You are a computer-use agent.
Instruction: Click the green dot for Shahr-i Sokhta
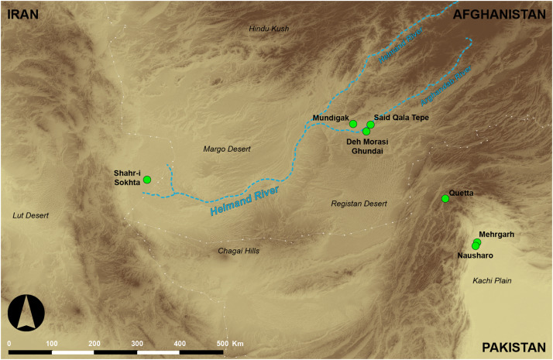click(x=146, y=180)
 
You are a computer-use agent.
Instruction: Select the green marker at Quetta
click(x=445, y=199)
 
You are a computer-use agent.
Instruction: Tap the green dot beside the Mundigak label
click(x=353, y=124)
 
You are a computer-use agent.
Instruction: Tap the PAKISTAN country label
click(x=513, y=348)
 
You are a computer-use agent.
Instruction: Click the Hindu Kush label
click(x=269, y=29)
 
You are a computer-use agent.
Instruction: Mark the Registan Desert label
click(x=357, y=204)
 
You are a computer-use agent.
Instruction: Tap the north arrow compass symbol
click(x=26, y=315)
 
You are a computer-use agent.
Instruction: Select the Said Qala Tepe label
click(x=400, y=117)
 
